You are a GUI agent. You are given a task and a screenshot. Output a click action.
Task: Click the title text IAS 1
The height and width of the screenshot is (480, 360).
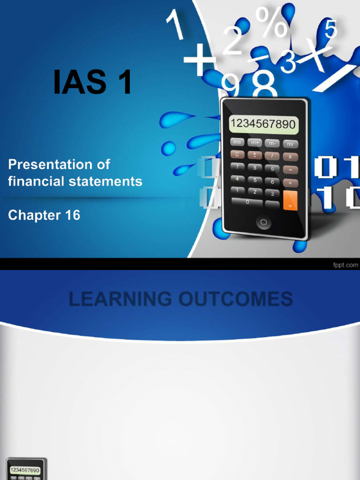pyautogui.click(x=92, y=82)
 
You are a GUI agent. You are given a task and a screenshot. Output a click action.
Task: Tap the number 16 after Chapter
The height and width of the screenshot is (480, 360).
pyautogui.click(x=74, y=215)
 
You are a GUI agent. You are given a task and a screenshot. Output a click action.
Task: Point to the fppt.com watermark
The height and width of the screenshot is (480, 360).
pyautogui.click(x=345, y=265)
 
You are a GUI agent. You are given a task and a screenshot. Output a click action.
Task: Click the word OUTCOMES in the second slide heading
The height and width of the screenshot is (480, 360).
pyautogui.click(x=236, y=299)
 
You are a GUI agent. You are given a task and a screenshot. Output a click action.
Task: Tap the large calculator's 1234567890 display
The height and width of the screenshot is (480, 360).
pyautogui.click(x=262, y=124)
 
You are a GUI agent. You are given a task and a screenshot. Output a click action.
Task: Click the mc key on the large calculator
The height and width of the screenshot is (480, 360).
pyautogui.click(x=237, y=142)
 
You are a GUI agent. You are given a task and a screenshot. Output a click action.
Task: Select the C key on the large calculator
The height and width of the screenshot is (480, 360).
pyautogui.click(x=237, y=154)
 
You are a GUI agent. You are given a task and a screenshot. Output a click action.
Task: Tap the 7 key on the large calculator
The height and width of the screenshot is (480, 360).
pyautogui.click(x=237, y=166)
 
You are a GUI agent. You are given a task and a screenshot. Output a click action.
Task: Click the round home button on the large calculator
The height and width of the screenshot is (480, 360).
pyautogui.click(x=263, y=222)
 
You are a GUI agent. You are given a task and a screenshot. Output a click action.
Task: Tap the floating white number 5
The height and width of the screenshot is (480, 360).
pyautogui.click(x=330, y=29)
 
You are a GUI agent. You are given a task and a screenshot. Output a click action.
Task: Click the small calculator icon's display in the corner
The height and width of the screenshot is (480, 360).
pyautogui.click(x=25, y=470)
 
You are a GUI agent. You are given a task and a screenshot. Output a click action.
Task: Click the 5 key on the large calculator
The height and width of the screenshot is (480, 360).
pyautogui.click(x=255, y=180)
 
